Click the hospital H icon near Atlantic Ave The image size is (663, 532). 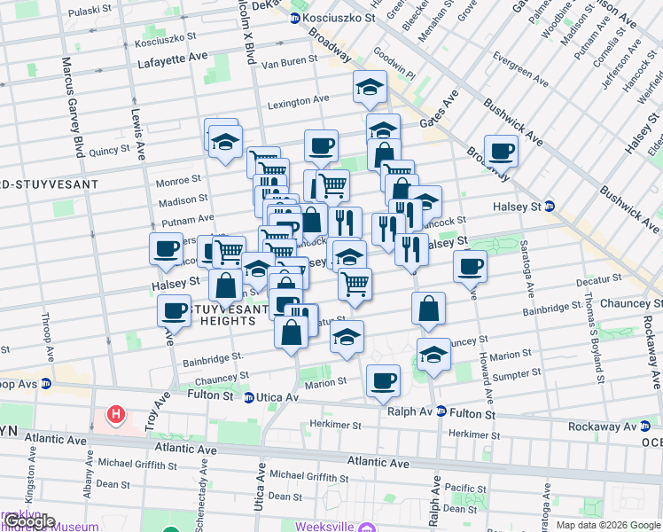pyautogui.click(x=115, y=414)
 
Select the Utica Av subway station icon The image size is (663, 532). pyautogui.click(x=250, y=397)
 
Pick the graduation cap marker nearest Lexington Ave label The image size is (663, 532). pyautogui.click(x=370, y=87)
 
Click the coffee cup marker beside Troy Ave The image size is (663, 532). pyautogui.click(x=175, y=310)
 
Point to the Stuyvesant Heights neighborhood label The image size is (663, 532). pyautogui.click(x=229, y=315)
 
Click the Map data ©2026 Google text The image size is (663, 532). pyautogui.click(x=607, y=525)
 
